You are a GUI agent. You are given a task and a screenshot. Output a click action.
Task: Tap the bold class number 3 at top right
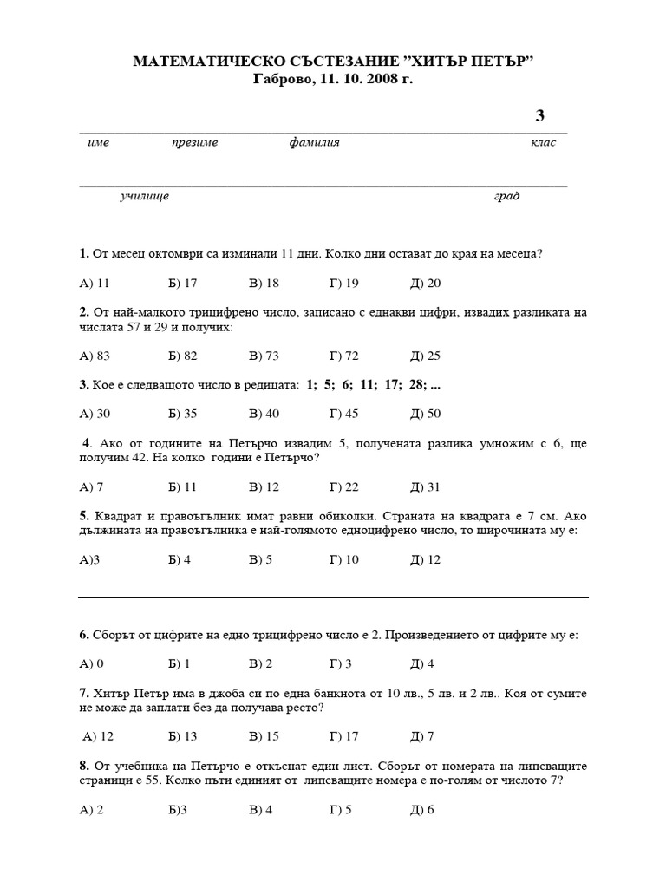coord(540,116)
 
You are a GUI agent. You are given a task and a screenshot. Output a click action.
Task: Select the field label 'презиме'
coord(194,142)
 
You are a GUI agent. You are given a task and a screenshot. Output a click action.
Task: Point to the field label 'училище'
coord(144,196)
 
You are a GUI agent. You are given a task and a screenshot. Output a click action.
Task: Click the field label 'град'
coord(507,196)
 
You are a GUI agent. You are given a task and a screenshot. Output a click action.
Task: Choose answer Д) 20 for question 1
coord(425,283)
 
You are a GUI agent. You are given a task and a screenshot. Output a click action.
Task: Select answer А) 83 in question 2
coord(95,356)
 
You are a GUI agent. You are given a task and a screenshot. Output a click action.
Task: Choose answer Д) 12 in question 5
coord(425,559)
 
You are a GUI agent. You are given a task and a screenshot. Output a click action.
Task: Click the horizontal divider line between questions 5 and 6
coord(333,597)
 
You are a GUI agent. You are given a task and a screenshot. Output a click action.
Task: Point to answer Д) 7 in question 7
coord(421,736)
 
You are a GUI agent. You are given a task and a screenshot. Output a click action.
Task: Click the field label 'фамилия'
coord(314,142)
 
